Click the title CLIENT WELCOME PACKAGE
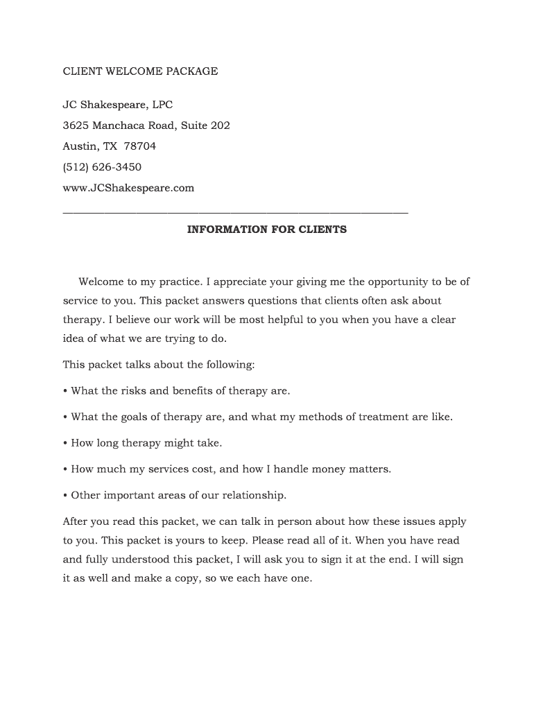[140, 71]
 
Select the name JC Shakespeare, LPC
[118, 105]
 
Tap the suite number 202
[220, 125]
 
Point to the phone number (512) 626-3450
[102, 167]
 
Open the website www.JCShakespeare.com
[128, 188]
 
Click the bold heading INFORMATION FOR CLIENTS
[266, 229]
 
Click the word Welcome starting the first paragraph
[101, 282]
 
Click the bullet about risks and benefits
[176, 390]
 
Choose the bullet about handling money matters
[227, 469]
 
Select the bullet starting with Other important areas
[174, 495]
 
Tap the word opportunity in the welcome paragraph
[397, 282]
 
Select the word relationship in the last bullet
[252, 495]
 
